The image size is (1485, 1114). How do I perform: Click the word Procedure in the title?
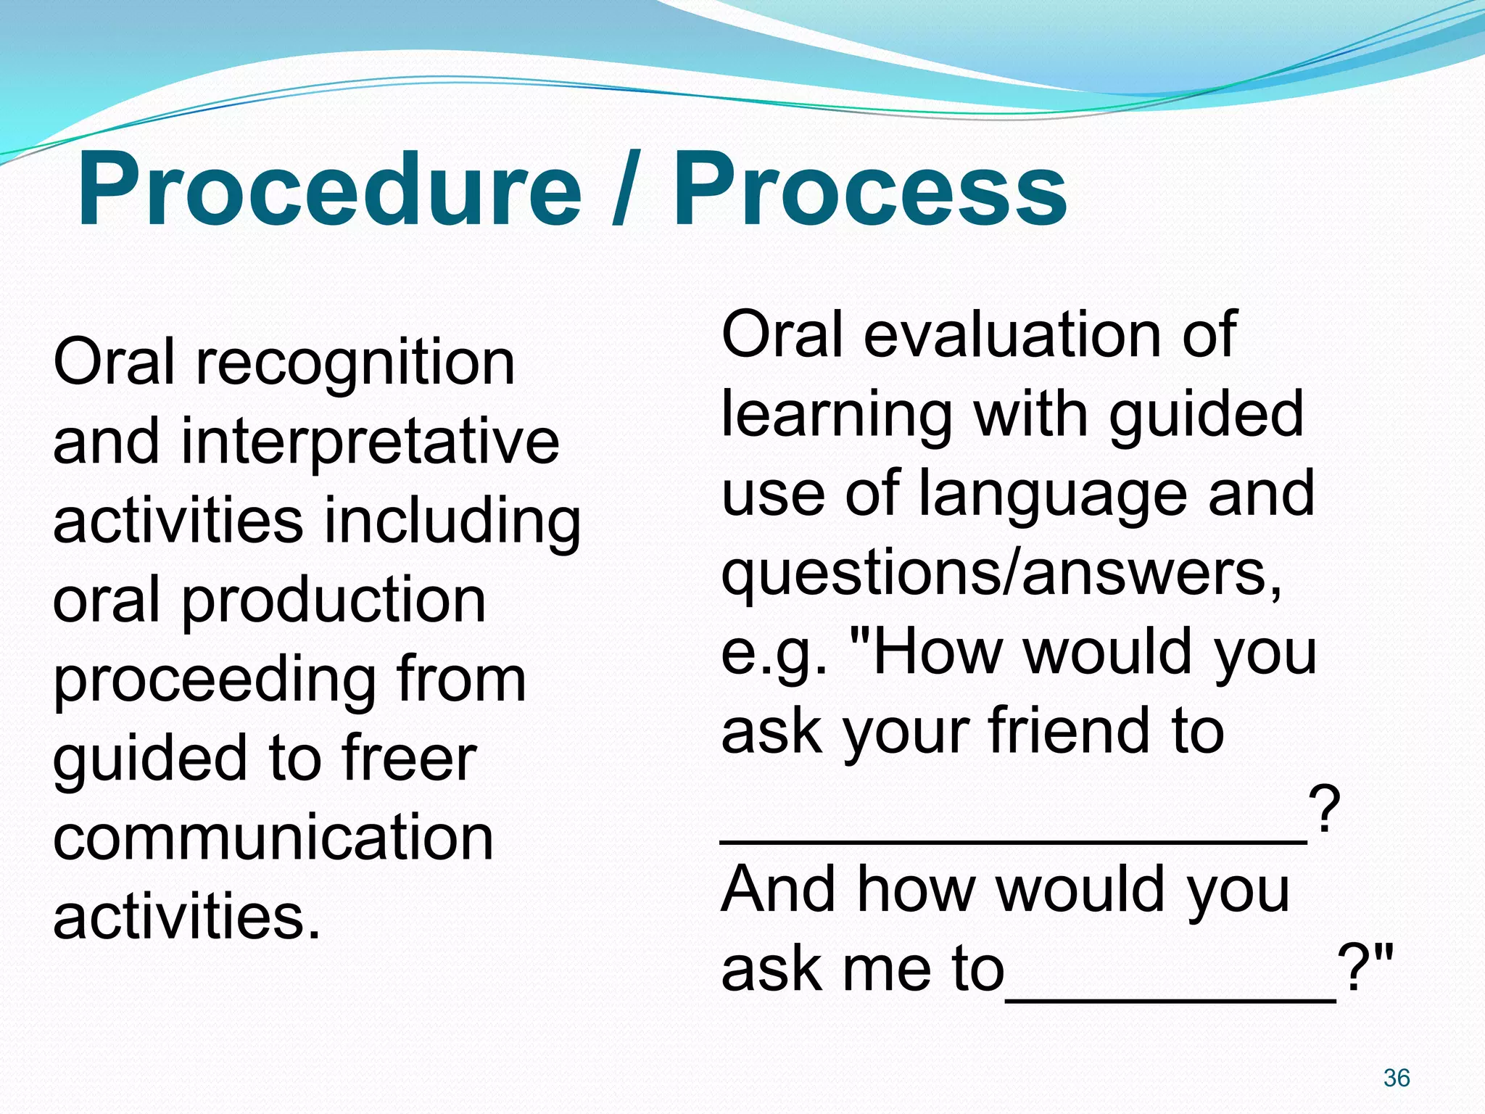click(330, 190)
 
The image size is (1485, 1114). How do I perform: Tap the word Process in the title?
click(869, 190)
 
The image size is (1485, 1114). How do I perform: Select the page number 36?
click(1396, 1078)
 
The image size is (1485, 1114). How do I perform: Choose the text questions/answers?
click(1001, 573)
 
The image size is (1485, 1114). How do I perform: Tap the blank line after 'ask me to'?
click(1170, 1000)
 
